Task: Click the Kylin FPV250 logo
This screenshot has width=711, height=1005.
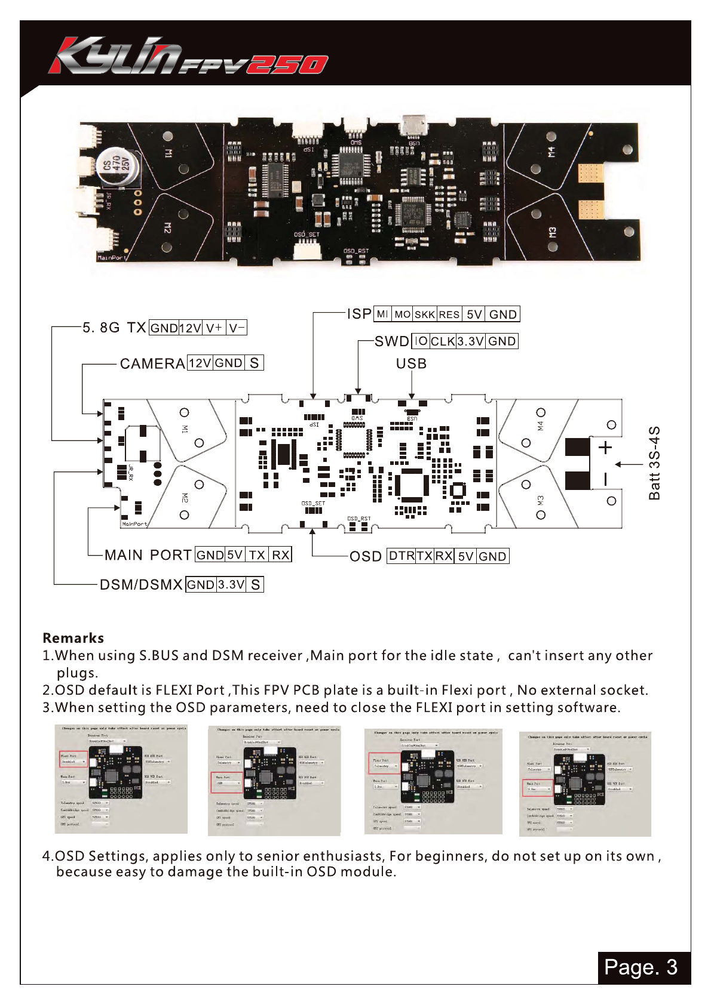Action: click(x=188, y=56)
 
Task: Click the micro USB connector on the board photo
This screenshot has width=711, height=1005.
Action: click(x=413, y=127)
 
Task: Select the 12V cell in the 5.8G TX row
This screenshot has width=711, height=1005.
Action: click(x=191, y=328)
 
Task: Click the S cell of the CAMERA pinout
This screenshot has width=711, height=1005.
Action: click(x=254, y=363)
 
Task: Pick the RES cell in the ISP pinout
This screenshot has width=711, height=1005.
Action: click(x=449, y=315)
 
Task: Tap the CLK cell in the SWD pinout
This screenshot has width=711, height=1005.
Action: click(x=443, y=341)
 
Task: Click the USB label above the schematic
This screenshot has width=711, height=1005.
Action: click(x=411, y=363)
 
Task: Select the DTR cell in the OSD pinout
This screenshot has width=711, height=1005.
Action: click(x=402, y=556)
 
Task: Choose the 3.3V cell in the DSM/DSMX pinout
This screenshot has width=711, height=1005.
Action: click(x=231, y=584)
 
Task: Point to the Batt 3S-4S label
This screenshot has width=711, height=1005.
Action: click(x=655, y=463)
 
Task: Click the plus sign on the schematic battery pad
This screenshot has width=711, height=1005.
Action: click(x=605, y=447)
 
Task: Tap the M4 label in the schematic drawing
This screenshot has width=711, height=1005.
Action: click(x=540, y=425)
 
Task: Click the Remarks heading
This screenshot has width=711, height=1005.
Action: click(x=73, y=638)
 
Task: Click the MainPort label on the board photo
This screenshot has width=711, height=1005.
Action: click(x=112, y=258)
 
